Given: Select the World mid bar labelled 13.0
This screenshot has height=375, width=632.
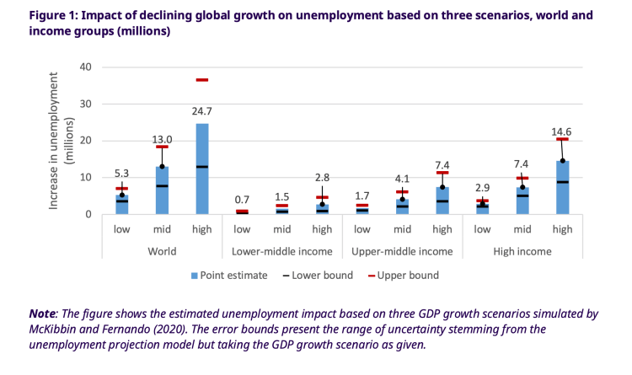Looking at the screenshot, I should pos(162,190).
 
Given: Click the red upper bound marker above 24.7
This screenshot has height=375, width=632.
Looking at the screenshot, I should pos(202,80).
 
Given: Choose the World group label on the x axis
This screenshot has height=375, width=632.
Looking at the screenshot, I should pos(162,251).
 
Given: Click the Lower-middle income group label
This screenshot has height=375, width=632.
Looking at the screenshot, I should pos(281,251).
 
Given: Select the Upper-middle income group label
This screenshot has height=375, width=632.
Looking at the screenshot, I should pos(402,251).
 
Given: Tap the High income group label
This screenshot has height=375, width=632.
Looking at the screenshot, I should pos(522,251).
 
